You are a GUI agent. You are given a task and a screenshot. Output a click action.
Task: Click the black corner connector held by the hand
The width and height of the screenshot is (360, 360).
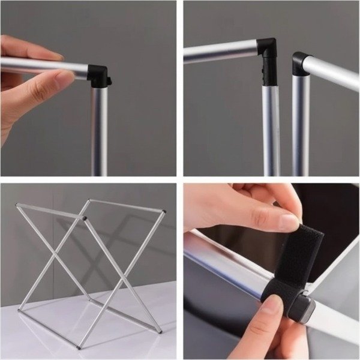pos(98,75)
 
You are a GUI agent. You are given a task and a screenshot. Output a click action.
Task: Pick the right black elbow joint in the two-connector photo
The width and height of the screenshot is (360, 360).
pos(301,64)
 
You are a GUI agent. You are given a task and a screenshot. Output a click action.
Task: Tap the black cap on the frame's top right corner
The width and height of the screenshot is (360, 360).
pos(163,211)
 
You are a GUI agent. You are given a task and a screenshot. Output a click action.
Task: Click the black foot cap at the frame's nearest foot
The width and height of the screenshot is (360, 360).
pos(79,347)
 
